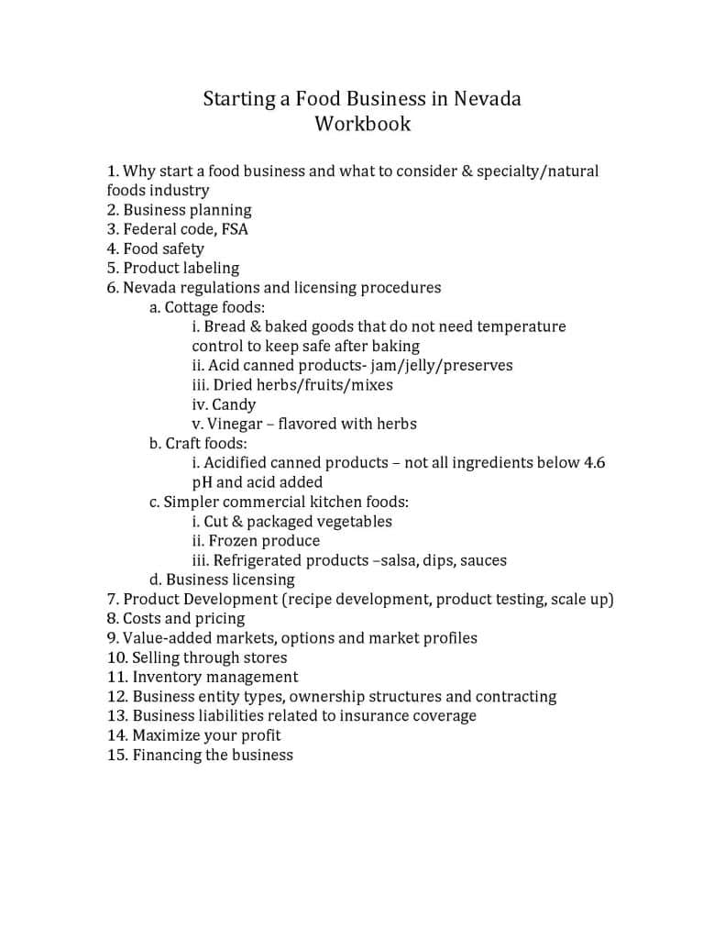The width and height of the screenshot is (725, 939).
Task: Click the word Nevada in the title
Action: (486, 98)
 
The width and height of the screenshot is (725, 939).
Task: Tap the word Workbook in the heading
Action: (363, 123)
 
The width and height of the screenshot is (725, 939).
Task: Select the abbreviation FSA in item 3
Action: (235, 229)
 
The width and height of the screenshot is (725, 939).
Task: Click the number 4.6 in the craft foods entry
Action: (594, 462)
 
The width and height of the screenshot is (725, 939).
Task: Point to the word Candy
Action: (234, 404)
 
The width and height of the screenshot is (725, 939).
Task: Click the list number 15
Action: (116, 756)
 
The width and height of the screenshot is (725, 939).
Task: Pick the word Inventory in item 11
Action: (167, 678)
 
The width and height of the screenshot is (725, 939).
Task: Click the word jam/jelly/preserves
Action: (442, 365)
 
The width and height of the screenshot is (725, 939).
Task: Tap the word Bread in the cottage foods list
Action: (225, 326)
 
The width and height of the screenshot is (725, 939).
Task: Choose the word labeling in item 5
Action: (211, 269)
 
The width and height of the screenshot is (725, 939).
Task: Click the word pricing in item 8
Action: (220, 619)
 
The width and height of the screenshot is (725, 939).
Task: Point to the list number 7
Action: (113, 600)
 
